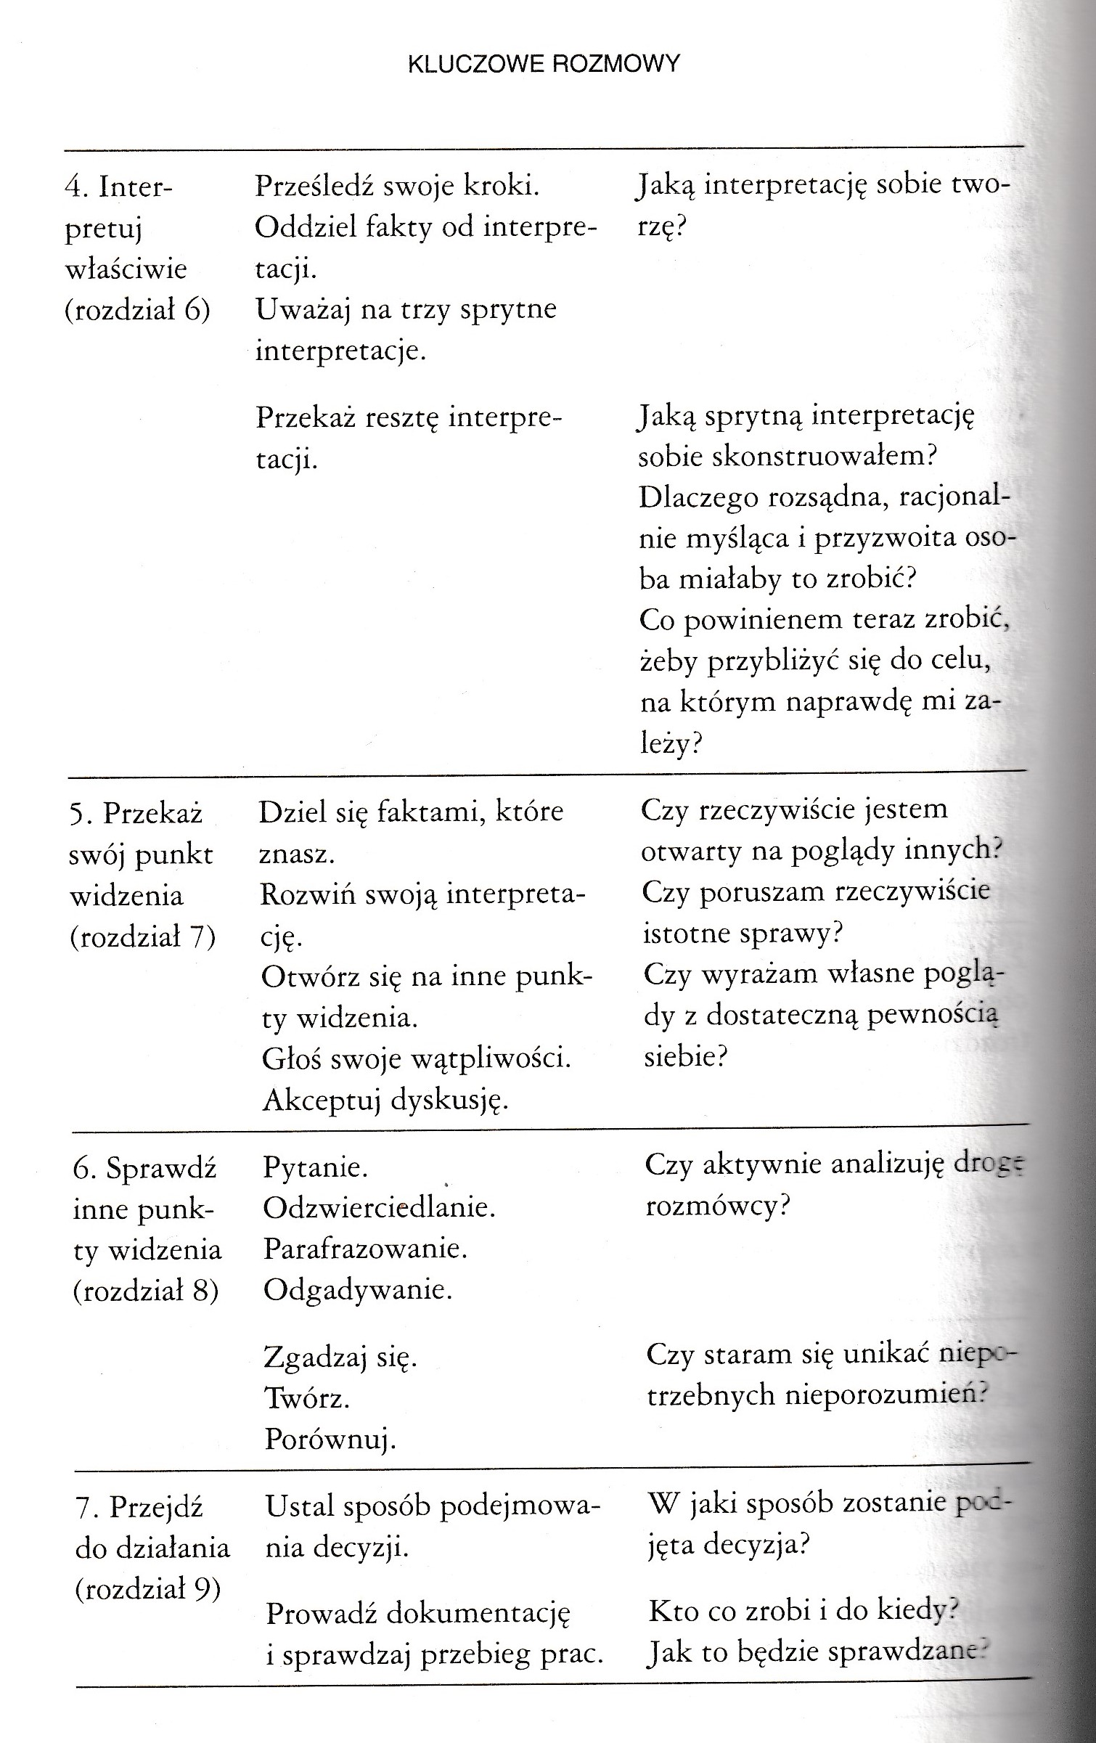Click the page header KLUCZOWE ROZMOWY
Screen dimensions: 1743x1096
point(544,64)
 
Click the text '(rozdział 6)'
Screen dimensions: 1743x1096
point(137,311)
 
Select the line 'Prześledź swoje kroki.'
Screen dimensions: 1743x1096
point(397,187)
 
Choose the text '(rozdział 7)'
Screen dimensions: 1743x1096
point(143,937)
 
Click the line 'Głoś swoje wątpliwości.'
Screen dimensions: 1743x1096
point(417,1059)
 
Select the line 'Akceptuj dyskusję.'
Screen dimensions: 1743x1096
point(385,1101)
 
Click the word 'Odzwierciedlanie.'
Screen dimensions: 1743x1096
point(379,1208)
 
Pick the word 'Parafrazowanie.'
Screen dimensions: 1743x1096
point(365,1249)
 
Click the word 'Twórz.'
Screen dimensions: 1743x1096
point(307,1398)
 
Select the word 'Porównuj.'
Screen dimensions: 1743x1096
point(330,1439)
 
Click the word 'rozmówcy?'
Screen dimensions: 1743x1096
point(717,1206)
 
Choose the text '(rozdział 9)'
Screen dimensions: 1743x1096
point(147,1590)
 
